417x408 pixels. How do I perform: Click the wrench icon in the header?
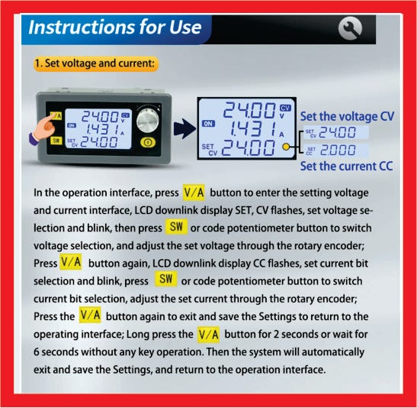(x=350, y=28)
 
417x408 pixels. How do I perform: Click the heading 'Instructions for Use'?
(x=114, y=27)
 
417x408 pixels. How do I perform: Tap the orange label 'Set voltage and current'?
(x=96, y=63)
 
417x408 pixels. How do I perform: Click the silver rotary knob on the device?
(x=148, y=120)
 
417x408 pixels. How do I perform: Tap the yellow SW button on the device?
(x=56, y=141)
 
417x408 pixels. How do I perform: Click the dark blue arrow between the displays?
(x=184, y=128)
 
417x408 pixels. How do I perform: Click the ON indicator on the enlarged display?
(x=208, y=124)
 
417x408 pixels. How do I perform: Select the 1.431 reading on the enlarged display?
(x=253, y=129)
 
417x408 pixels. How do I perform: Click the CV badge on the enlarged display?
(x=285, y=108)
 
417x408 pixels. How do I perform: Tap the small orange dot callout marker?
(x=286, y=147)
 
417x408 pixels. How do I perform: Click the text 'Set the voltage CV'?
(x=347, y=117)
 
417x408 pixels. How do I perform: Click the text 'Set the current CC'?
(x=346, y=167)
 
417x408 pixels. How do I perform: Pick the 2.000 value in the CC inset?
(x=338, y=151)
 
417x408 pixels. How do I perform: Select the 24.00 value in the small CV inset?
(x=337, y=132)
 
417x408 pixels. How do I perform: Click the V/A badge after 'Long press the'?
(x=209, y=335)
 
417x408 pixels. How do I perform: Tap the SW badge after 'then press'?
(x=176, y=227)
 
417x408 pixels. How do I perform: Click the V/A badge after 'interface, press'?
(x=194, y=193)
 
